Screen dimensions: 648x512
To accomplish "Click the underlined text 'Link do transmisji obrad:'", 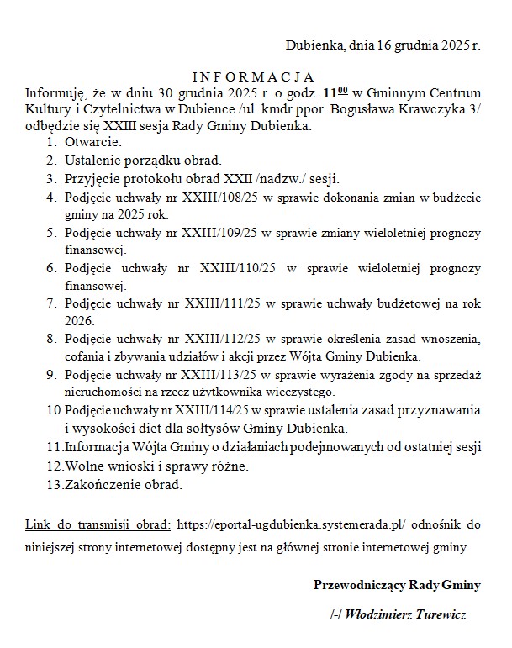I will click(x=98, y=525).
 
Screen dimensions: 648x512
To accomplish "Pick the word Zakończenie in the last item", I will click(x=100, y=485).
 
